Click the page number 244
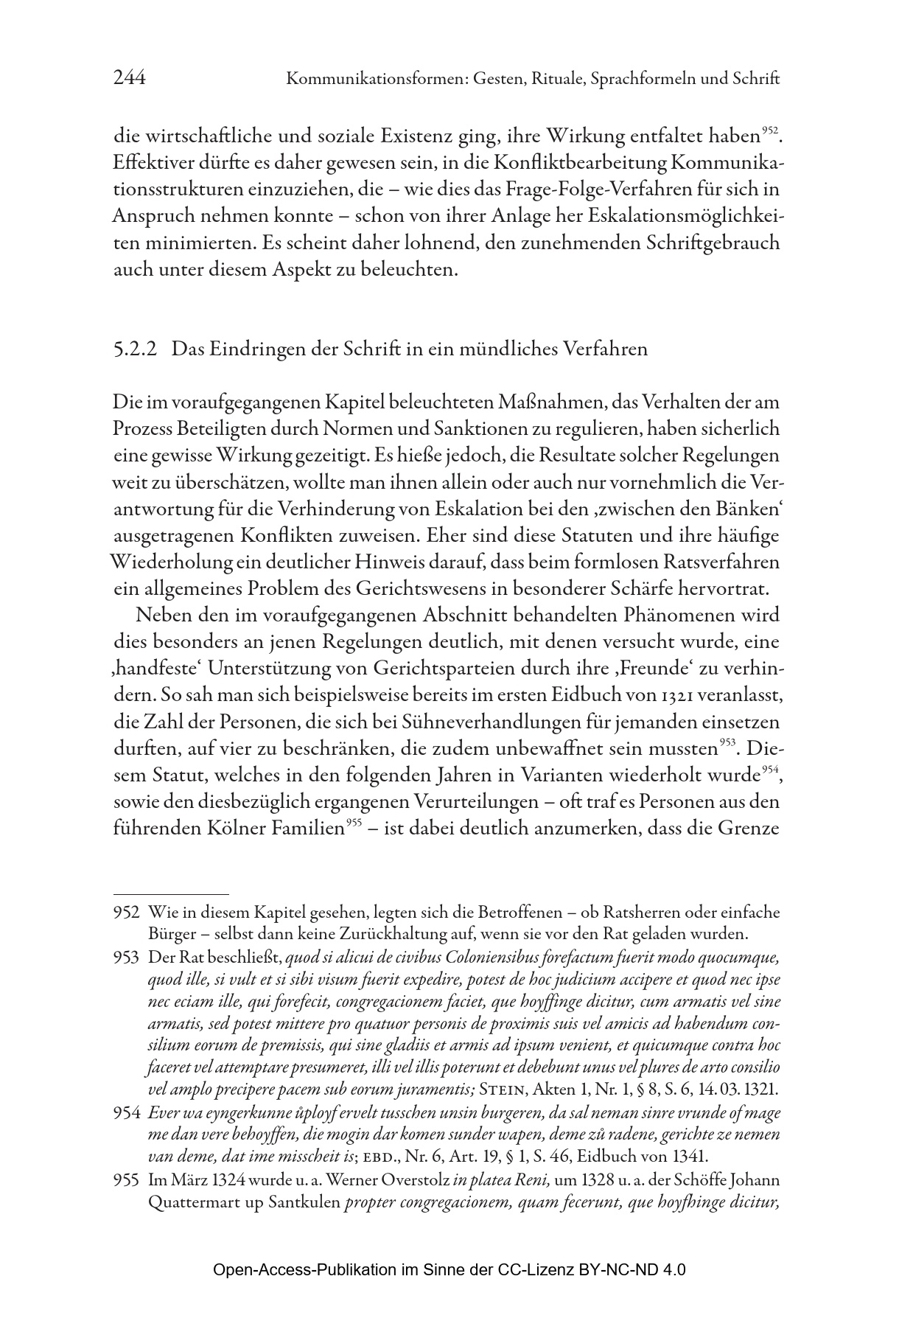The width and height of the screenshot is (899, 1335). tap(129, 78)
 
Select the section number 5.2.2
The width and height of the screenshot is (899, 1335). tap(136, 349)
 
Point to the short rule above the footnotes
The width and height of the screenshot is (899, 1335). tap(171, 893)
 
